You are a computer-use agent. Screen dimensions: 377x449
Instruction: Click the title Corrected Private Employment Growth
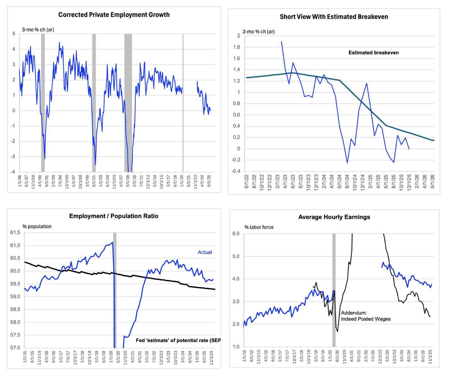(114, 15)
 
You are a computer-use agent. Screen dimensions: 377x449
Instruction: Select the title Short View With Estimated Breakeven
(334, 17)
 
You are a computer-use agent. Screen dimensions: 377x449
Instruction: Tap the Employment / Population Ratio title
(114, 216)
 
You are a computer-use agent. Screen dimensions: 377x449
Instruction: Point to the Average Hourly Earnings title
(334, 217)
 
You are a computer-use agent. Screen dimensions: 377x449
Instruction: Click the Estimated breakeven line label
(373, 53)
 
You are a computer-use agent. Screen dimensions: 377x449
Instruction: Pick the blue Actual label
(205, 252)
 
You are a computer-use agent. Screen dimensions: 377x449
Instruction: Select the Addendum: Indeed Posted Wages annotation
(366, 316)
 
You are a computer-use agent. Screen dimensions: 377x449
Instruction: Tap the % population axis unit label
(37, 226)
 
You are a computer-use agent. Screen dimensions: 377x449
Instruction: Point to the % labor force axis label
(259, 227)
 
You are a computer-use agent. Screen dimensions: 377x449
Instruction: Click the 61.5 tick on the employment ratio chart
(15, 233)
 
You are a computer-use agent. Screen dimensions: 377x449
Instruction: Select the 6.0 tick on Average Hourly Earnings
(236, 234)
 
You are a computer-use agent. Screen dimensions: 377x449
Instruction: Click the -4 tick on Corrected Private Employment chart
(13, 172)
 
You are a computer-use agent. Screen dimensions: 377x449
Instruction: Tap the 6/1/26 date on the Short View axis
(433, 182)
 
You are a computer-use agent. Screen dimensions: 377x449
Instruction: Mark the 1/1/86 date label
(19, 181)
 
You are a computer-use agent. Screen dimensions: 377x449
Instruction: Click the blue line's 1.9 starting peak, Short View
(281, 42)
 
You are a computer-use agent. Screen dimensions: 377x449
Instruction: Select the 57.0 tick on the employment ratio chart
(15, 348)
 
